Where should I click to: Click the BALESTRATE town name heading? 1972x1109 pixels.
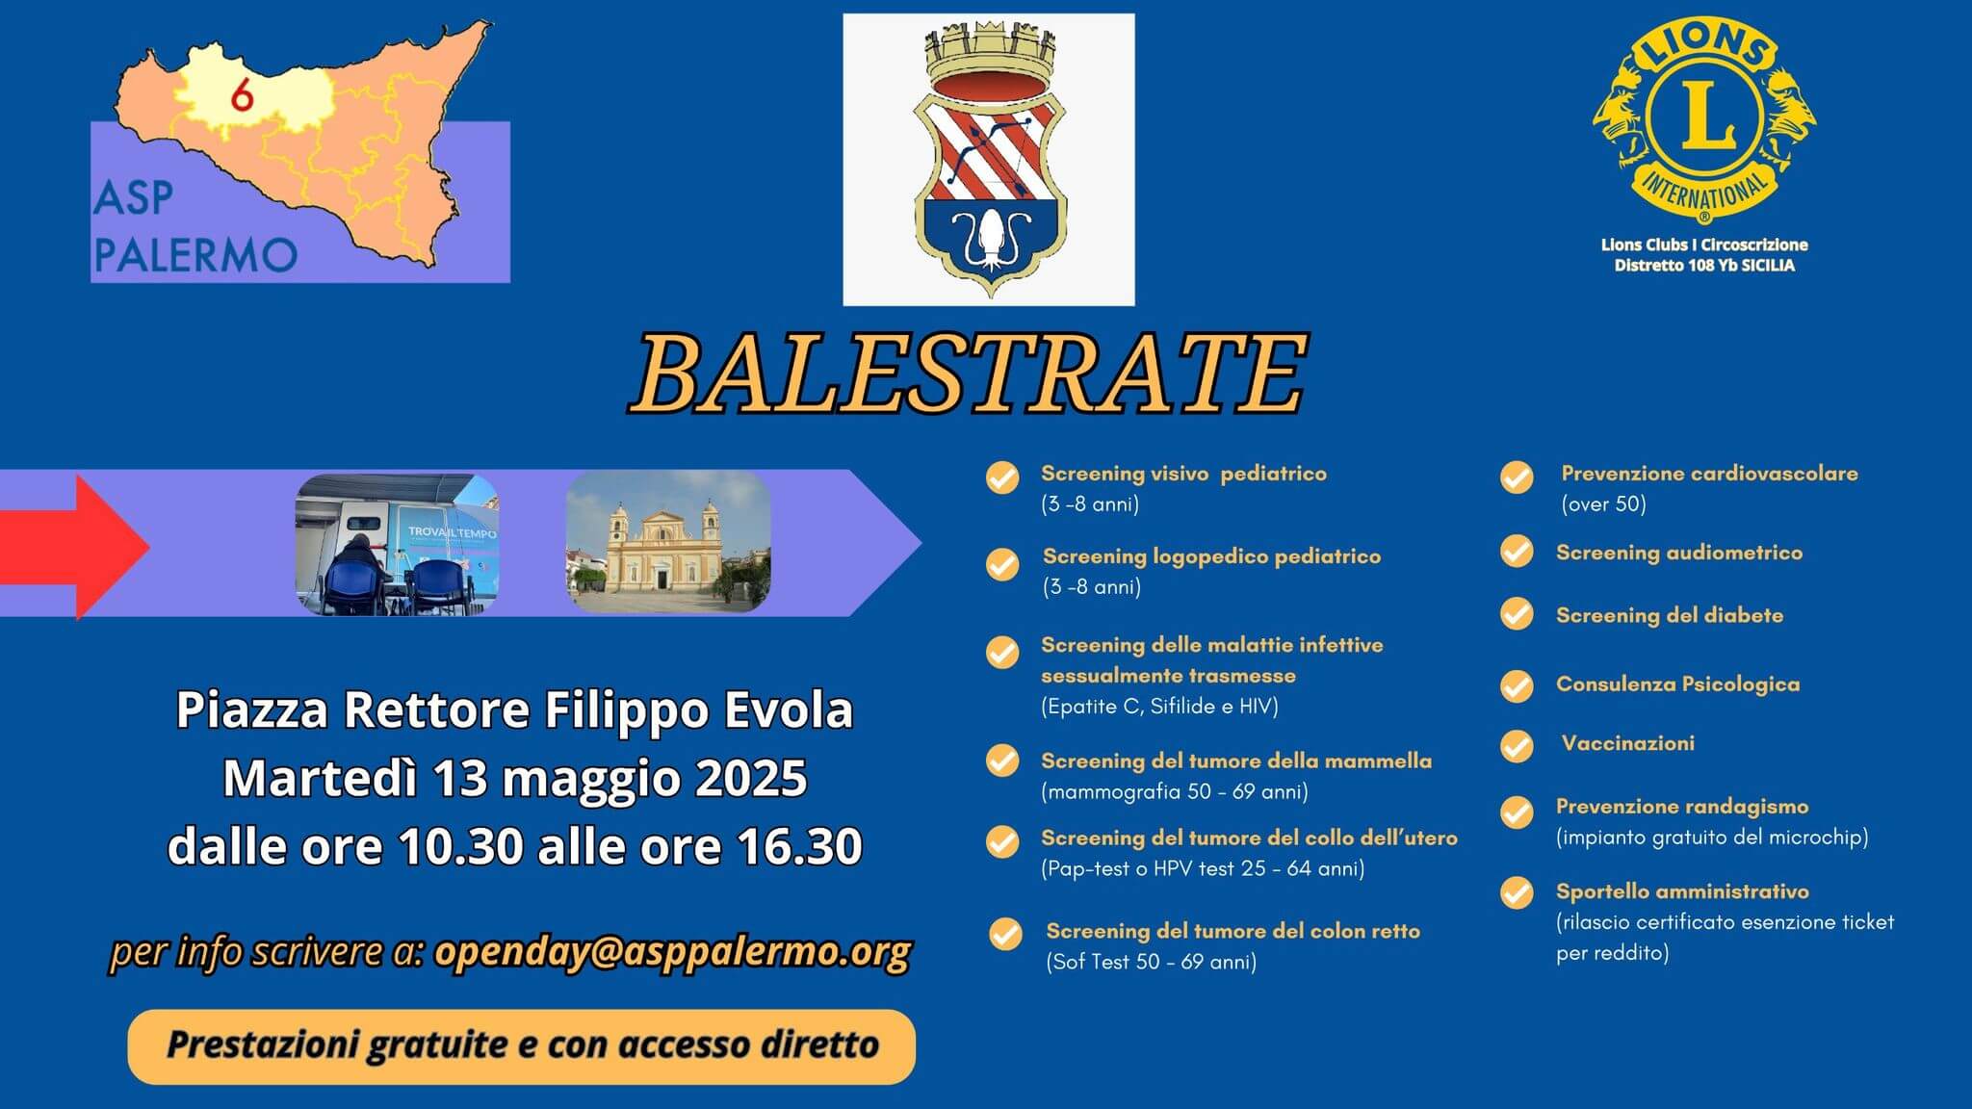968,374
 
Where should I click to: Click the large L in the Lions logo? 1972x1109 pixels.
1704,116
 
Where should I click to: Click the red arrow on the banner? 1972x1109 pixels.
75,546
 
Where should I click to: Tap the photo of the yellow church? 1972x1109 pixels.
668,542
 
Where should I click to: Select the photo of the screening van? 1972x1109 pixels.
397,544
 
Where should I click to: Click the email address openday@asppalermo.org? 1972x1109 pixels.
673,951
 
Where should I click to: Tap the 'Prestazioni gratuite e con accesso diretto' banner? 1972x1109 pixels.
522,1046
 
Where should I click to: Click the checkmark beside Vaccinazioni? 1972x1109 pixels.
1517,745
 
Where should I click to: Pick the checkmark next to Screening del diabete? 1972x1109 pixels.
1517,614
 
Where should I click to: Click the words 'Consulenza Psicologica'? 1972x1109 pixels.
1677,684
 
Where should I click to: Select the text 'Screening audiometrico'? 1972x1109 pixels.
1679,553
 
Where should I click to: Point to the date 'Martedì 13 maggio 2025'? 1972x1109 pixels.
515,778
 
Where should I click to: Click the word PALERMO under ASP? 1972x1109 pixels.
195,254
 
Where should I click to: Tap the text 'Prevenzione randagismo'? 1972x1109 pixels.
1682,807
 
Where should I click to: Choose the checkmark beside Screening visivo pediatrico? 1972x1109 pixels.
1002,477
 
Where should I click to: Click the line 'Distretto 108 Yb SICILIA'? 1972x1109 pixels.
1704,266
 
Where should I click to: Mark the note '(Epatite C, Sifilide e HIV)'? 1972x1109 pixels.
1159,707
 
